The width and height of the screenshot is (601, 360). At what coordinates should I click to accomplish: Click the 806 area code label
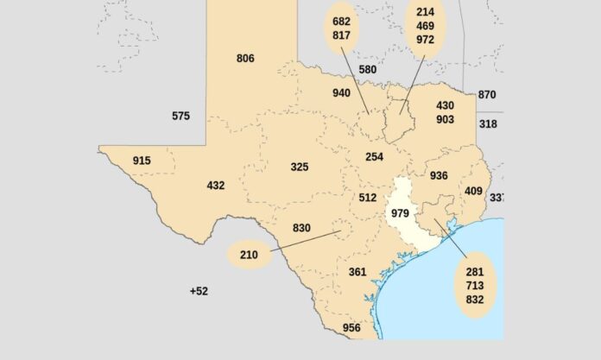pos(245,59)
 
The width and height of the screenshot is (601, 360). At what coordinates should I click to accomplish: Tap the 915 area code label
pos(142,161)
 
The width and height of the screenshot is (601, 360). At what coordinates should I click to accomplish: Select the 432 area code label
pos(216,186)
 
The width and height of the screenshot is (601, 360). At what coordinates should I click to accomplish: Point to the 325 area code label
pos(300,167)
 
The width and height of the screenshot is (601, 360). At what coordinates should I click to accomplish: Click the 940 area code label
pos(343,93)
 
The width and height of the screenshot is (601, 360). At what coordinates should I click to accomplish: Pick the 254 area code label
pos(374,157)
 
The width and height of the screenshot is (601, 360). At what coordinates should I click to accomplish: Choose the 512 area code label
pos(368,198)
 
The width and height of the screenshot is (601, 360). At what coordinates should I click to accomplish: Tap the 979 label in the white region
pos(401,213)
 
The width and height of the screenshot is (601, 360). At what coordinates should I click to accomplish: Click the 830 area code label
pos(301,229)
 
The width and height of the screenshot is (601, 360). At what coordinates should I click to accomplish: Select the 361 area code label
pos(357,272)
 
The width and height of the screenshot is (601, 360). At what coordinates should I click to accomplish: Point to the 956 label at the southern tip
pos(351,328)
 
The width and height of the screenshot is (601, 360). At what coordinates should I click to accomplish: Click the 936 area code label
pos(439,176)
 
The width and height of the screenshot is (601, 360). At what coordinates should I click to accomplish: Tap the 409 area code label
pos(473,191)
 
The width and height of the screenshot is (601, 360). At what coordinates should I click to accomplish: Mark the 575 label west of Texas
pos(180,116)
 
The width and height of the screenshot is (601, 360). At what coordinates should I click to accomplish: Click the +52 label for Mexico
pos(199,291)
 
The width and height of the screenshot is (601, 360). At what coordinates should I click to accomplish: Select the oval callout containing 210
pos(249,256)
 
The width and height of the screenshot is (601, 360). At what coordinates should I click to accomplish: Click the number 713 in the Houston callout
pos(475,286)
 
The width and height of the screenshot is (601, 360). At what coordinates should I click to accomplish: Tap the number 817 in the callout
pos(341,35)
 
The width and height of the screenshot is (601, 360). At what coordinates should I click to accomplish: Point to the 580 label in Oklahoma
pos(367,69)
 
